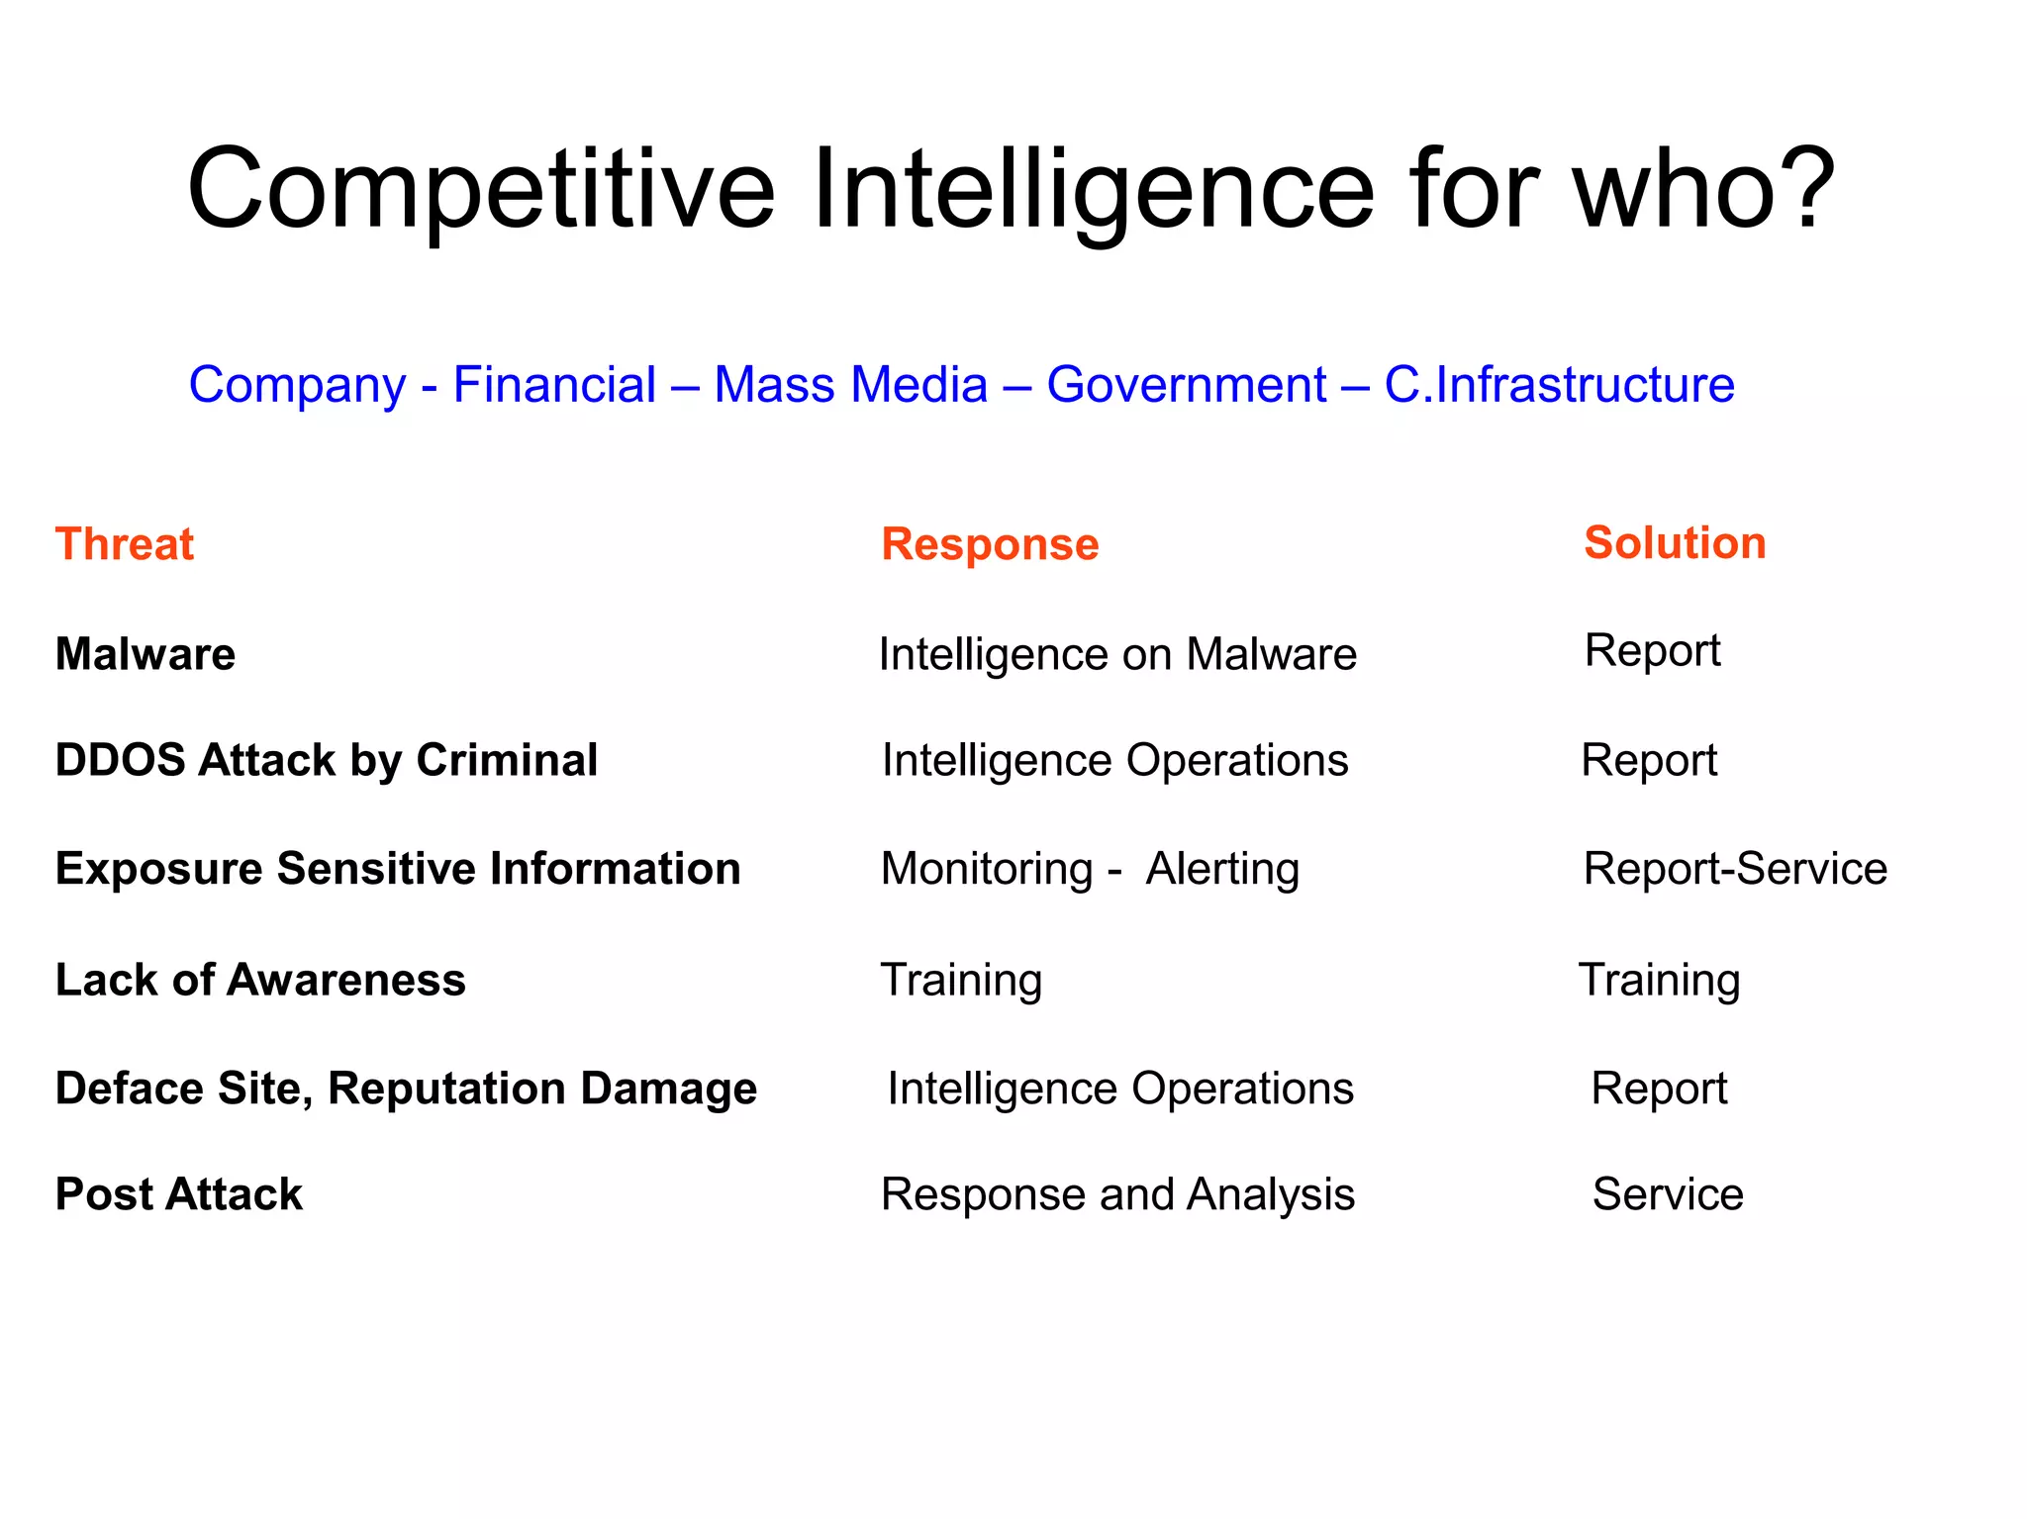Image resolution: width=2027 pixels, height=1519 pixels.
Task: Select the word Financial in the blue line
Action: (x=554, y=385)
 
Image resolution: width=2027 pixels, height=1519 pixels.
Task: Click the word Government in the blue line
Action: (x=1186, y=385)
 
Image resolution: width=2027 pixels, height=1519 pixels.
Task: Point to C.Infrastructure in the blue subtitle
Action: (x=1559, y=385)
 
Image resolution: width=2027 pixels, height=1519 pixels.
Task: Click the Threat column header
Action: (x=125, y=544)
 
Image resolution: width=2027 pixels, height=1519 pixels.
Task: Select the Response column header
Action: (x=990, y=544)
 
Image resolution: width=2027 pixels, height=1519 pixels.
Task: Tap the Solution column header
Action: (x=1675, y=542)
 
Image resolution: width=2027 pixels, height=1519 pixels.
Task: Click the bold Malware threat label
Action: (x=145, y=654)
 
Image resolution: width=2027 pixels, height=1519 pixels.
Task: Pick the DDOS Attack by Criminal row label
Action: (x=327, y=760)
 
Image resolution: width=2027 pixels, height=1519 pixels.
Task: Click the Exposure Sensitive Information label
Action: (x=398, y=869)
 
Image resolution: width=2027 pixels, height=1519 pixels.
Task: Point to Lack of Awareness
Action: (x=260, y=980)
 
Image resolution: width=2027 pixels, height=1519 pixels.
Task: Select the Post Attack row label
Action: (x=179, y=1194)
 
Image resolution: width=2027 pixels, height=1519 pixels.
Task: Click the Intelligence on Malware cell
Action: (x=1117, y=654)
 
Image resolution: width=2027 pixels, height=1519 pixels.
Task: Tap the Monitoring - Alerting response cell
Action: (x=1090, y=869)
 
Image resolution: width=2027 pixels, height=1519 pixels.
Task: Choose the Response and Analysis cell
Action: (x=1117, y=1194)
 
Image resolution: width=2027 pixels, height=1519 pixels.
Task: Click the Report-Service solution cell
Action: (x=1735, y=869)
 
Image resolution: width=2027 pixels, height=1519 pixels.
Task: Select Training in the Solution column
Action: (x=1659, y=980)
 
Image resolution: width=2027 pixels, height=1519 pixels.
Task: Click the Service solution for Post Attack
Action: (x=1668, y=1194)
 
